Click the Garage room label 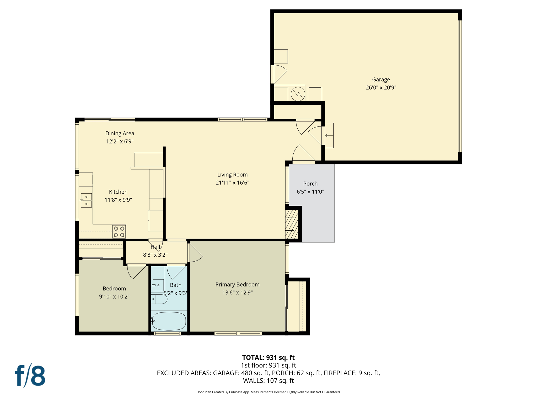click(x=381, y=79)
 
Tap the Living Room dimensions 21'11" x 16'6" click(x=232, y=183)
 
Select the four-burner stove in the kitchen click(x=119, y=232)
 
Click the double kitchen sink click(x=86, y=200)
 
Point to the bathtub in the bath click(x=169, y=321)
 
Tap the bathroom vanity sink click(x=158, y=285)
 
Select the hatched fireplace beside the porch click(x=292, y=224)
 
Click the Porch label click(x=310, y=184)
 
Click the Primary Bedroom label click(x=237, y=284)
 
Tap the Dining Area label click(x=120, y=133)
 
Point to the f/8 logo click(x=30, y=376)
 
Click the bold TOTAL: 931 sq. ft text click(x=268, y=358)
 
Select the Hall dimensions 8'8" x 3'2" click(x=155, y=255)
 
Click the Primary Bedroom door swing click(x=195, y=253)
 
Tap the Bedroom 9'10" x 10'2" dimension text click(x=114, y=296)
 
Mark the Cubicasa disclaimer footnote click(x=268, y=392)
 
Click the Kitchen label click(x=118, y=192)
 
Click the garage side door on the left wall click(x=278, y=74)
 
